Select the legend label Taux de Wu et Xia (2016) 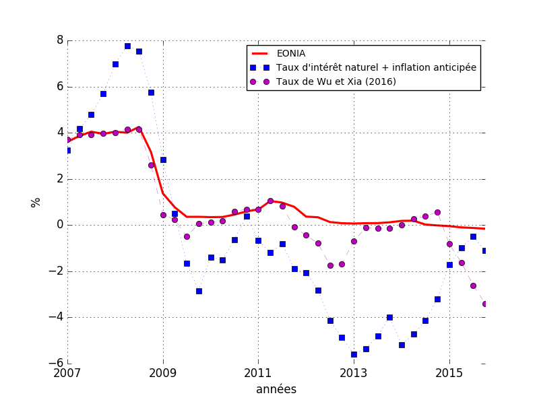336,81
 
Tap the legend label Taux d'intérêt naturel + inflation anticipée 377,67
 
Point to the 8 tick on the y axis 60,40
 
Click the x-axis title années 276,389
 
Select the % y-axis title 36,202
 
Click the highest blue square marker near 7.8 127,46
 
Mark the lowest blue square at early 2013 354,354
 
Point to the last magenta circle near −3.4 485,304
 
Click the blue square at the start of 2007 67,150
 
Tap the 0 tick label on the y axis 60,225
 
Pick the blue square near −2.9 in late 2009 199,291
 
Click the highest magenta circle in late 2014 437,212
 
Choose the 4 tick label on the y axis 60,133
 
